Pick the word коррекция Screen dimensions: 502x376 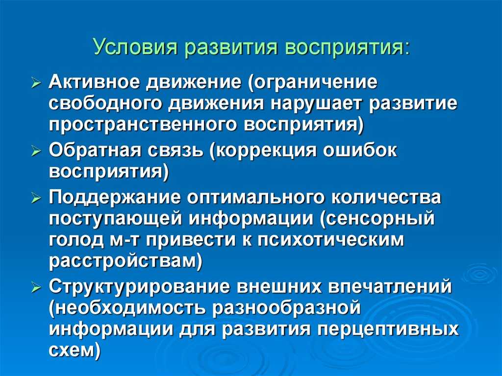click(262, 151)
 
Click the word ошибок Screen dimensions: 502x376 click(360, 150)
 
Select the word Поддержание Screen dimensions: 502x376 click(115, 198)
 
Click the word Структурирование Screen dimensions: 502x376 click(140, 287)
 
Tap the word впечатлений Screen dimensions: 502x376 click(390, 287)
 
